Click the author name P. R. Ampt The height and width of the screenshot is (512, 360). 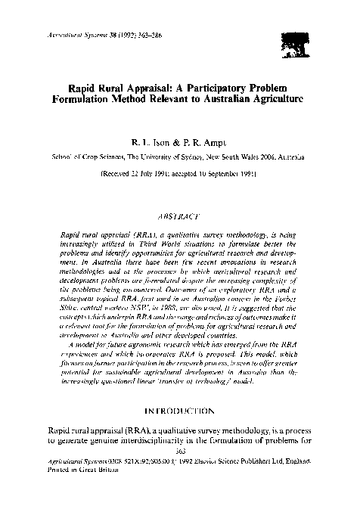coord(204,141)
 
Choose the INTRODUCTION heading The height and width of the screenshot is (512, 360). coord(180,411)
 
